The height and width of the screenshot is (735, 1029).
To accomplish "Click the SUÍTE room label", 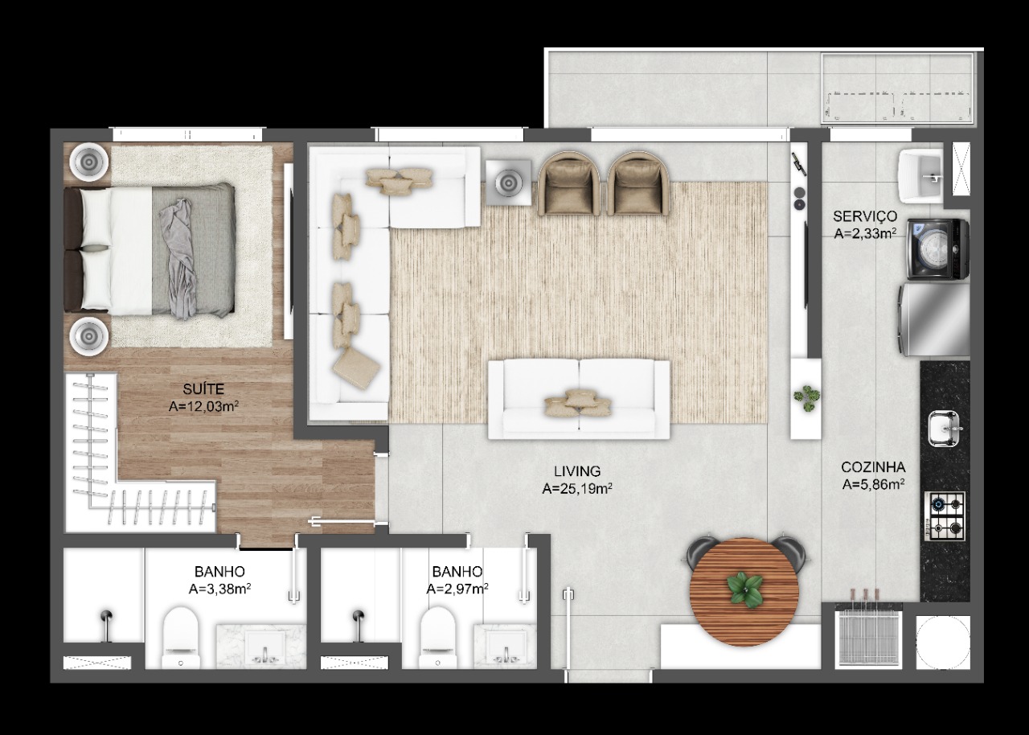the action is [203, 389].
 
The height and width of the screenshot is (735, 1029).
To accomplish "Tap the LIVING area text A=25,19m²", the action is [576, 489].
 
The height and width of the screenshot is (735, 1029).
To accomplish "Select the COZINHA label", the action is [873, 467].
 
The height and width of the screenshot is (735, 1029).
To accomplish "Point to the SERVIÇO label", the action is [865, 216].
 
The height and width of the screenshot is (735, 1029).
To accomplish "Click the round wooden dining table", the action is [744, 592].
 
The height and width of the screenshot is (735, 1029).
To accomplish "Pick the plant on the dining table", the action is [744, 589].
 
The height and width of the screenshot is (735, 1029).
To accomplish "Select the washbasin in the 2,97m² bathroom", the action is [506, 647].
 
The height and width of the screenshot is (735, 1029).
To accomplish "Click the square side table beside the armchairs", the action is [508, 183].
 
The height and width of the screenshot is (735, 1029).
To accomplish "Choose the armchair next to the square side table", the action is [568, 183].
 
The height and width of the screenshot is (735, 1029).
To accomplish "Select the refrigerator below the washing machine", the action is [934, 320].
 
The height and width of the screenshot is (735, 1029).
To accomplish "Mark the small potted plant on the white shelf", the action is [806, 398].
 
